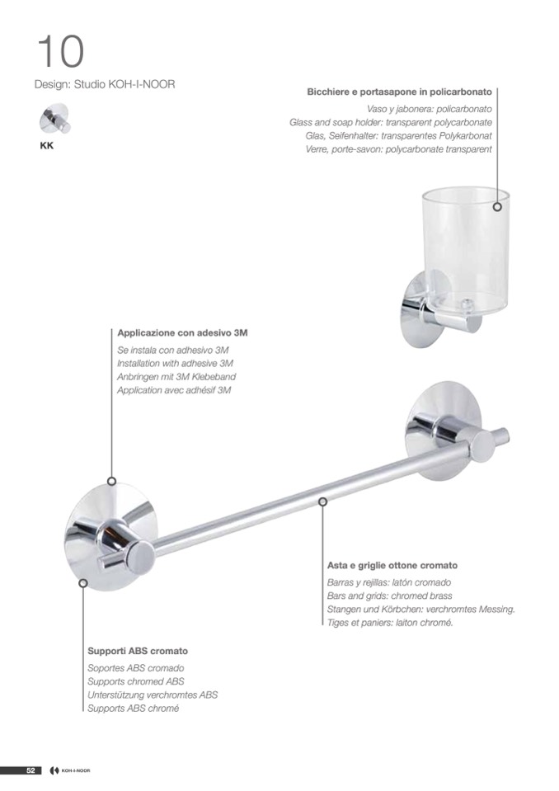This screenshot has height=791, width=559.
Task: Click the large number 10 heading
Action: (60, 51)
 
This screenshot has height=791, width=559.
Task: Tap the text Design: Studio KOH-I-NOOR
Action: (105, 84)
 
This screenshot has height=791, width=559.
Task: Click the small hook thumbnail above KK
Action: (54, 119)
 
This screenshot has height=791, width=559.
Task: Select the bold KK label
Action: (46, 146)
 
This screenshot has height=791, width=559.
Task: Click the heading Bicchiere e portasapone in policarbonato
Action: (399, 92)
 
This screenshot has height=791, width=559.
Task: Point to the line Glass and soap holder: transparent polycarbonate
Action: (391, 122)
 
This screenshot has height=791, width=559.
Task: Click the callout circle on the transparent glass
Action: (497, 207)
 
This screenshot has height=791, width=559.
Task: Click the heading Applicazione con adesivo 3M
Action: (182, 333)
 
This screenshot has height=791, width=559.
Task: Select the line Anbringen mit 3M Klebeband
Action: (176, 376)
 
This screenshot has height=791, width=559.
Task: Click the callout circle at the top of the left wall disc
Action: (112, 481)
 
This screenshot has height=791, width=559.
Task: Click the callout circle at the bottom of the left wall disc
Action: (83, 583)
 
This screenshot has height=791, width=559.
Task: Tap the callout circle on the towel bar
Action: (323, 501)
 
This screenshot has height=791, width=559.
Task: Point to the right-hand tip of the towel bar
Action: (508, 434)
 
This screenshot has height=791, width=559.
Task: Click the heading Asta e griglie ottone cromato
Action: (392, 566)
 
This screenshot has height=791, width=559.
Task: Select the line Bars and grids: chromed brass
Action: (390, 596)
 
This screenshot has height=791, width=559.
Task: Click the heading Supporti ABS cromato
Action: (138, 652)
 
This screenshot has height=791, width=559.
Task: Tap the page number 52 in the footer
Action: (31, 770)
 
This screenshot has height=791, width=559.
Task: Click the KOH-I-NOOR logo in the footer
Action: (71, 770)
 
